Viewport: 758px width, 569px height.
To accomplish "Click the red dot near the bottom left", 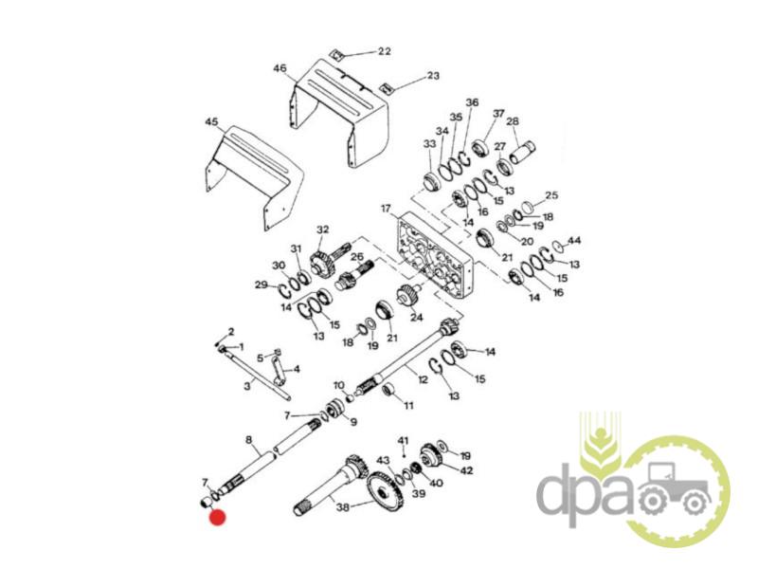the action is point(217,517).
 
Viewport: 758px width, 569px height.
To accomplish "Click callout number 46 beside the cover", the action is point(280,68).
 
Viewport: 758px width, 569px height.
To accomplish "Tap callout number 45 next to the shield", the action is point(211,121).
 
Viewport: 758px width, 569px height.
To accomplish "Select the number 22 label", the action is point(384,51).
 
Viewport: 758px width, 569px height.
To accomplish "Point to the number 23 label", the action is point(433,76).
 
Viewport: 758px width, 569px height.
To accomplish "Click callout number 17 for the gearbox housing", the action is point(386,209).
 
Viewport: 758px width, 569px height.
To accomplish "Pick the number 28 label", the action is point(513,121).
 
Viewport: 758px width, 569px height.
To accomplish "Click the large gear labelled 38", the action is point(386,492).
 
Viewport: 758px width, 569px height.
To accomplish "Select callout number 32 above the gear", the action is point(322,229).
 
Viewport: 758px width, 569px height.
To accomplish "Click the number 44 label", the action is point(574,241).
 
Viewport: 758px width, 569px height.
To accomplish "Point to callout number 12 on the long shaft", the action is point(423,379).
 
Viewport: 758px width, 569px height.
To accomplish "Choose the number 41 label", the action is point(404,441).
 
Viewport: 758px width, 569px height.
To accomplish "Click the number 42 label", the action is point(466,470).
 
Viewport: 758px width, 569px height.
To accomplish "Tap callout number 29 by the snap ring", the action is point(262,284).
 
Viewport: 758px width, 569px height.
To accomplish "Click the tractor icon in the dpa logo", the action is point(676,488).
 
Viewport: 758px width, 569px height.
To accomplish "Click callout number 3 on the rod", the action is point(247,386).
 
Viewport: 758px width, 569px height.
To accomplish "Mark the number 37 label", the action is point(498,114).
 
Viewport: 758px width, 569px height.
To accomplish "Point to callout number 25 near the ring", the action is point(551,195).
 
